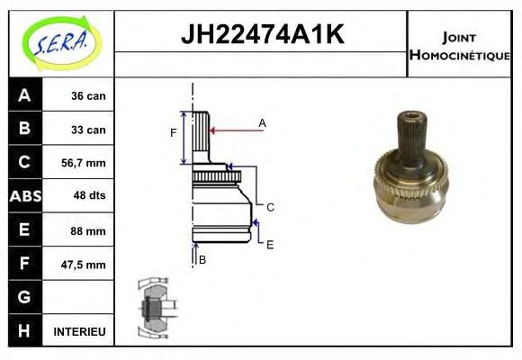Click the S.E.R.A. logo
[x=59, y=42]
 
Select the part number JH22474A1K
[x=262, y=35]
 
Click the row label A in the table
[x=24, y=95]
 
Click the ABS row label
[x=24, y=196]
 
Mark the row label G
[x=24, y=297]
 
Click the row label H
[x=24, y=331]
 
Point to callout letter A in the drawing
[x=262, y=122]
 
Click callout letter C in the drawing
[x=269, y=207]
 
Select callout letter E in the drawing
[x=269, y=244]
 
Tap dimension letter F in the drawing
[x=174, y=134]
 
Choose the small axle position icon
[x=154, y=308]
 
